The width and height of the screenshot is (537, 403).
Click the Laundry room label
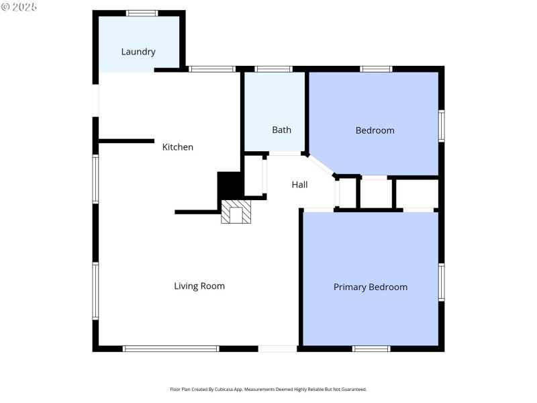138,52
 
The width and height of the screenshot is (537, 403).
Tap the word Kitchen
178,147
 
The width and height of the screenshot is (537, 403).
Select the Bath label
281,130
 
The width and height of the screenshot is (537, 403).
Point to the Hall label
299,184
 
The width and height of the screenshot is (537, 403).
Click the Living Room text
199,286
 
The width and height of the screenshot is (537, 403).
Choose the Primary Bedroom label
371,287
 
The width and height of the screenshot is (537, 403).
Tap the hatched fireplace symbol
236,212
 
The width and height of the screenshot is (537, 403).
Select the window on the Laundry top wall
142,13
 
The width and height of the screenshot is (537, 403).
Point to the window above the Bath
274,69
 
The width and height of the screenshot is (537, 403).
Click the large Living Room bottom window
171,349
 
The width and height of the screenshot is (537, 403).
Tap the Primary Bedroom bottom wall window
372,349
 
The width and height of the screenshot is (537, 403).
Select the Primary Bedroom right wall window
442,282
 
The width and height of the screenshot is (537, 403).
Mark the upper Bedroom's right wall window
442,126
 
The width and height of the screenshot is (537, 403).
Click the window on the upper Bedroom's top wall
376,69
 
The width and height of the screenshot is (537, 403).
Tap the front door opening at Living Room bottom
277,349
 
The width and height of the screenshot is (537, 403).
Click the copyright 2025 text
19,7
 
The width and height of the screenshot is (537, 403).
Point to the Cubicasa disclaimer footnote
268,390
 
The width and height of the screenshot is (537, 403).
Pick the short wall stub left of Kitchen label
126,141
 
